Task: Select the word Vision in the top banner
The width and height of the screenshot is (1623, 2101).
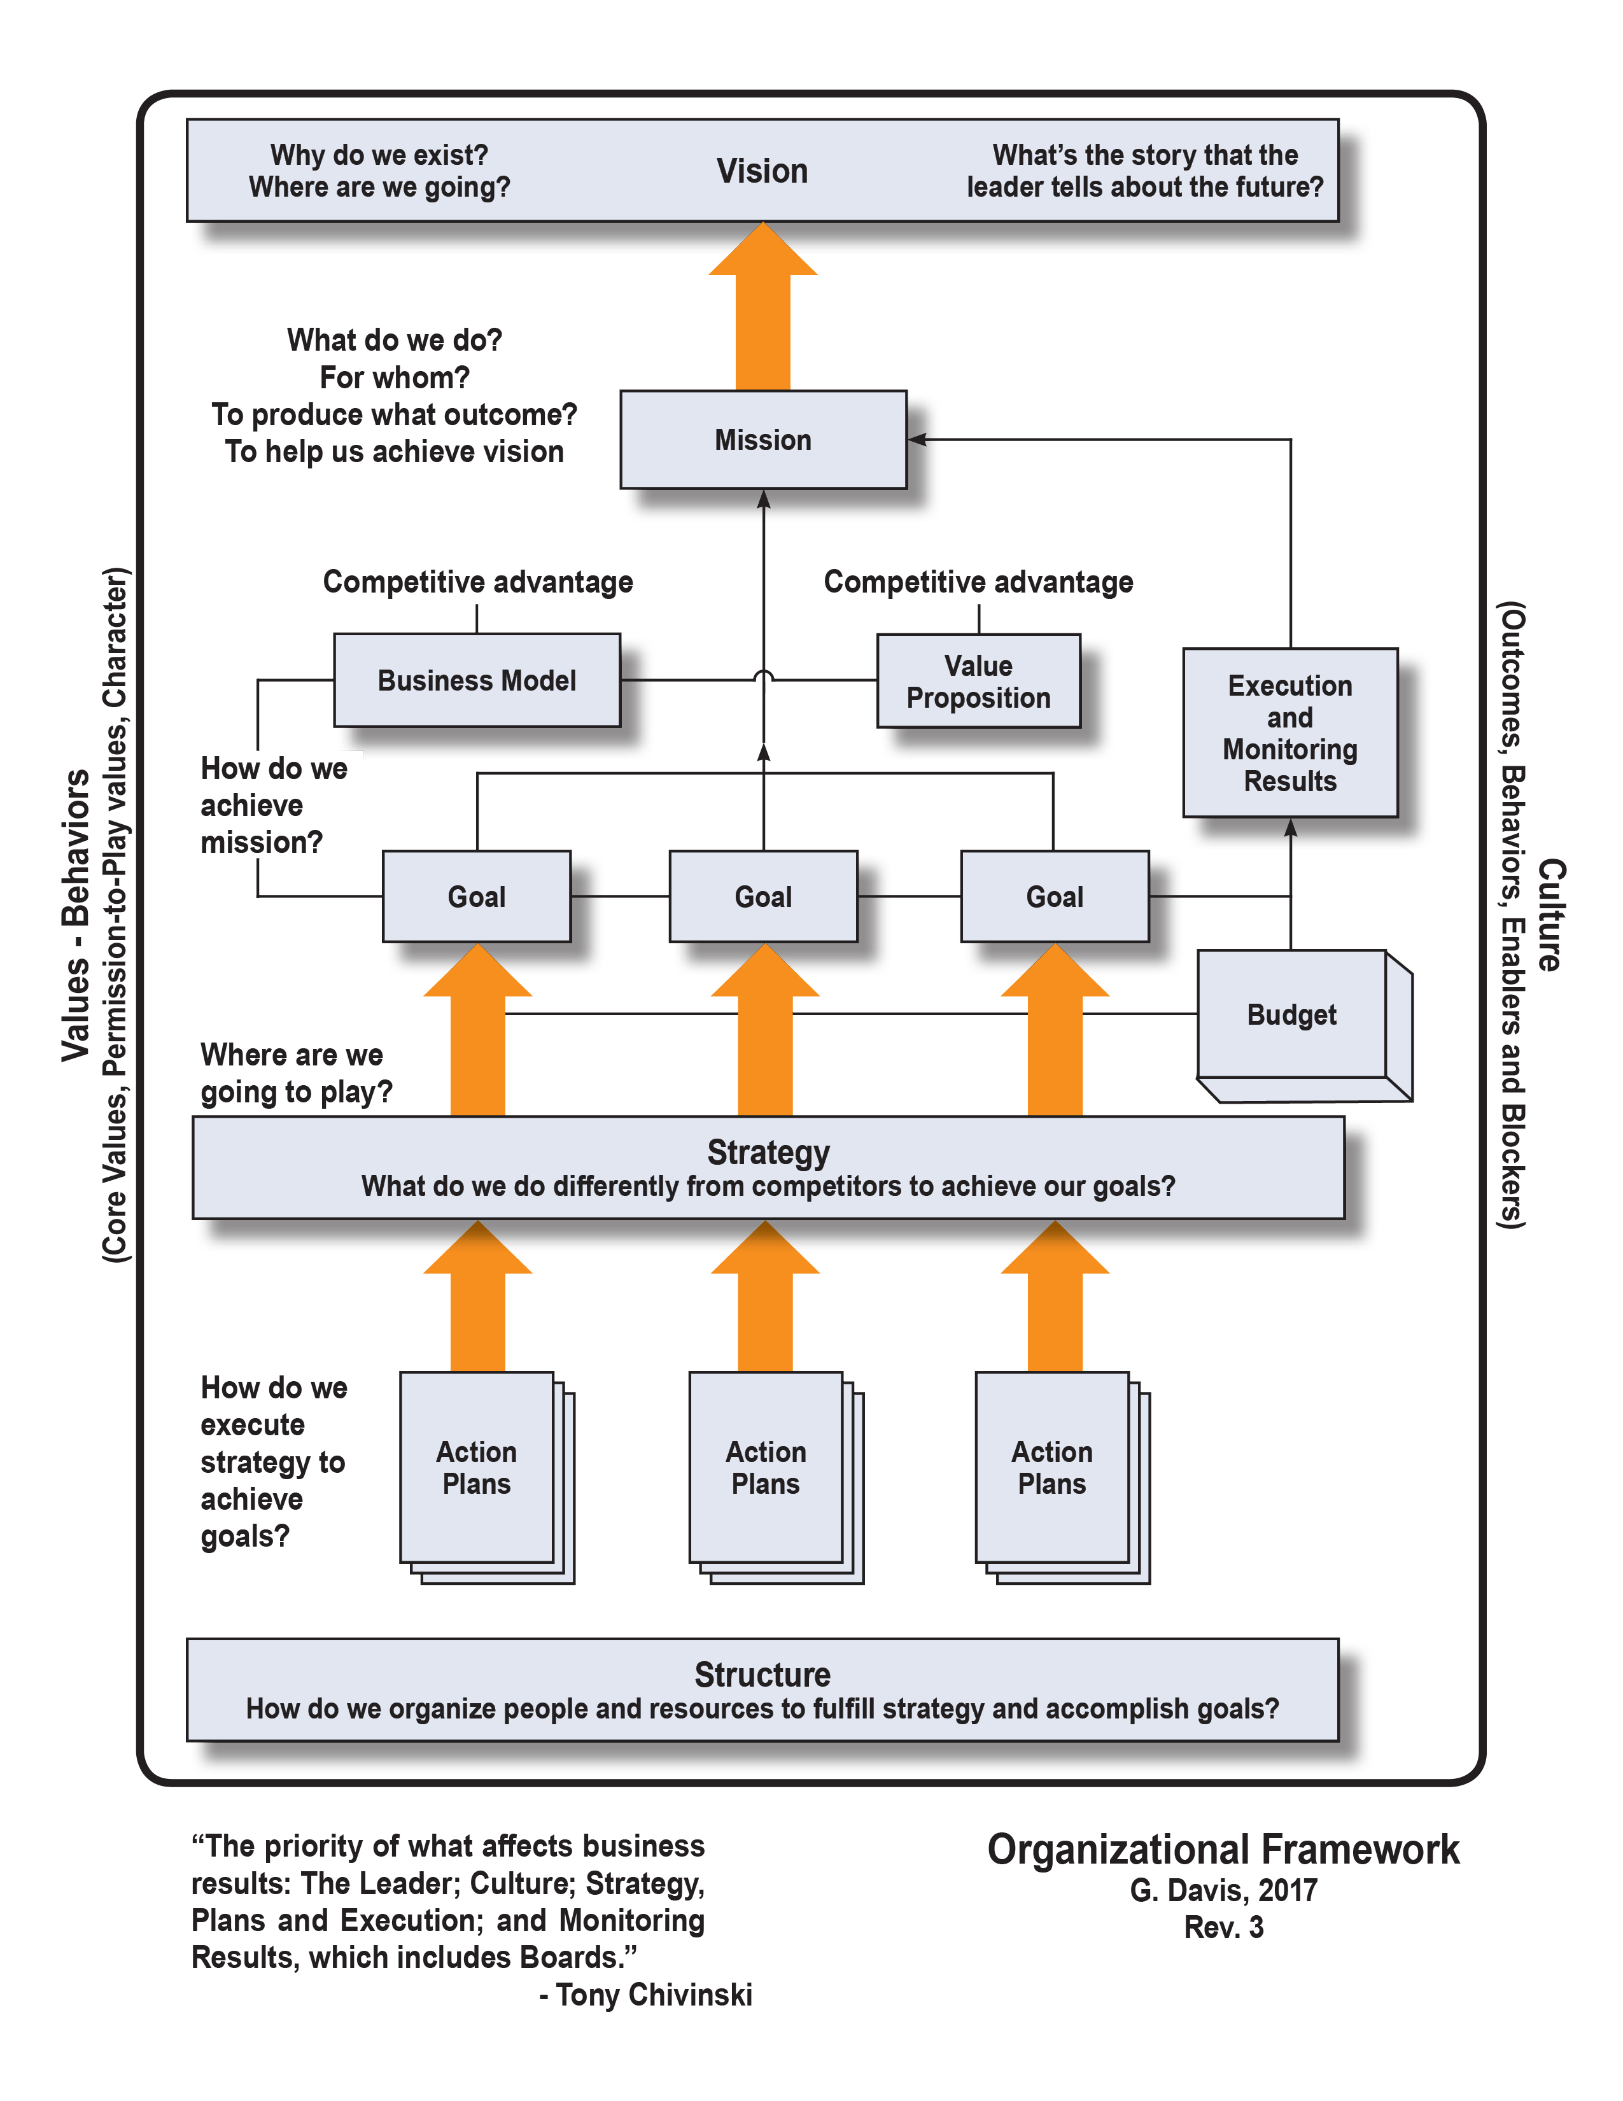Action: (x=762, y=171)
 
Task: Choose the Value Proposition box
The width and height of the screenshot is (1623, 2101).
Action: (x=978, y=681)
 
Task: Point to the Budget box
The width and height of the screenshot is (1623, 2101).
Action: (x=1291, y=1015)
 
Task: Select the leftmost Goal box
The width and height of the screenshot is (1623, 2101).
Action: (x=476, y=897)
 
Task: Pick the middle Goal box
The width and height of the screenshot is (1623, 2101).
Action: (x=763, y=897)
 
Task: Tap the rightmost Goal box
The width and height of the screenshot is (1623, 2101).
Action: (x=1055, y=897)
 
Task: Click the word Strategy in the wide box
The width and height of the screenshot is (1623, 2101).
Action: (x=768, y=1151)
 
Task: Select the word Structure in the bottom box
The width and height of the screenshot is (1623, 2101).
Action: (x=762, y=1675)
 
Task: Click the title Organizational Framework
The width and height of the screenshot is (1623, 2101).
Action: (x=1223, y=1849)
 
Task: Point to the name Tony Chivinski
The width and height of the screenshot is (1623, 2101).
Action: (x=654, y=1994)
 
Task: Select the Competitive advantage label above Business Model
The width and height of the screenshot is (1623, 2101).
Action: (x=477, y=582)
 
